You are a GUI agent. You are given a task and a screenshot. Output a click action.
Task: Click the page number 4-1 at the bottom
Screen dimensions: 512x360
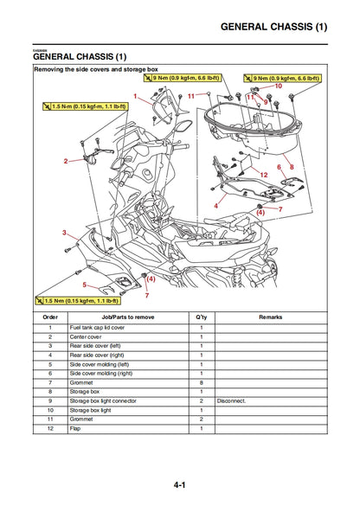(179, 485)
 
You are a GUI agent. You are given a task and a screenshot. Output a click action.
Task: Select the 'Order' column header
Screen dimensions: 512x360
(50, 317)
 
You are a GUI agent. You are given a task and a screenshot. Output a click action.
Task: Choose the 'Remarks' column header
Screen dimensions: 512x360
(270, 317)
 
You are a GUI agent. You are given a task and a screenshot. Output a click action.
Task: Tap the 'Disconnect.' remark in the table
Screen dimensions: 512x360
(232, 400)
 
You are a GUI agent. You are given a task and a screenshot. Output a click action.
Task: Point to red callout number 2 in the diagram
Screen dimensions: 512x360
(65, 161)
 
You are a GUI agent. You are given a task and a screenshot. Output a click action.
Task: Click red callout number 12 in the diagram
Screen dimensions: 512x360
(264, 175)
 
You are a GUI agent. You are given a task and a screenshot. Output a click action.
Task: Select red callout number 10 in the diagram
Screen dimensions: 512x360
(278, 86)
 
